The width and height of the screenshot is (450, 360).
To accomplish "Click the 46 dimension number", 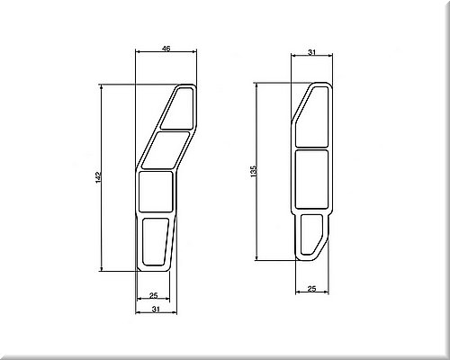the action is (166, 49).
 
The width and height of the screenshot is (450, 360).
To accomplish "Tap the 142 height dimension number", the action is (99, 177).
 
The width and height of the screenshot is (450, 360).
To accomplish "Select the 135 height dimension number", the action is (254, 171).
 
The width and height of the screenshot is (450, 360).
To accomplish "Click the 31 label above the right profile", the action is (312, 52).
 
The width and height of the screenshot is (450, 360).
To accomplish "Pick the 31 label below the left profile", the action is (156, 310).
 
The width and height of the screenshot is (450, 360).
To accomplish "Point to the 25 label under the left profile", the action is (153, 295).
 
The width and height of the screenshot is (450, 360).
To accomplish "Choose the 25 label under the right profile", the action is (312, 289).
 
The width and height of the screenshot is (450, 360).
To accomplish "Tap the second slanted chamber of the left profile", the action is (166, 149).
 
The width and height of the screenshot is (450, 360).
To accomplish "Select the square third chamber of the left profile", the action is (156, 192).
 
